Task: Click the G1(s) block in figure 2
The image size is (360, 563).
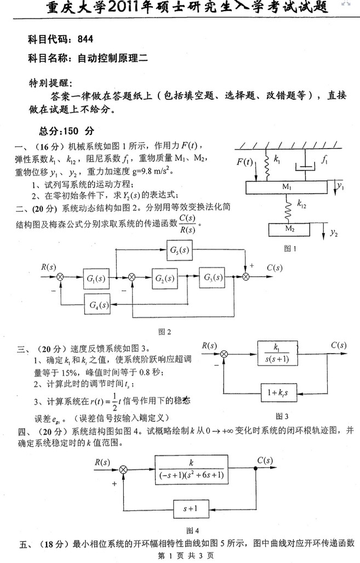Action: pyautogui.click(x=96, y=278)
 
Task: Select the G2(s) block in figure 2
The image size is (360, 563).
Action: pyautogui.click(x=165, y=278)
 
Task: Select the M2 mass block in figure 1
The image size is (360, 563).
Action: pyautogui.click(x=288, y=229)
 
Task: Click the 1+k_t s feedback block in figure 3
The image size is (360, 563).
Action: pyautogui.click(x=277, y=391)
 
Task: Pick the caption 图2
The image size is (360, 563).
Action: pyautogui.click(x=165, y=331)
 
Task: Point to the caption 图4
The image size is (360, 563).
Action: pyautogui.click(x=193, y=530)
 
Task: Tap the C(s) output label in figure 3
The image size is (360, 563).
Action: pyautogui.click(x=338, y=345)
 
